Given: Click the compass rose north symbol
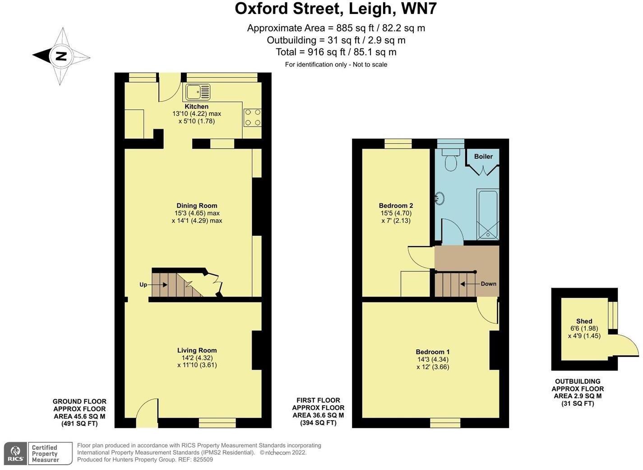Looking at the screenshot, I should pos(61,56).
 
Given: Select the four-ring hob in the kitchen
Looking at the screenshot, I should pos(252,117).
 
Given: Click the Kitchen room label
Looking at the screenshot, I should pos(196,107).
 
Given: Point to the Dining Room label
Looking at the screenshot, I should pos(197,206).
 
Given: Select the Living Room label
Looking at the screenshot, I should pos(197,350).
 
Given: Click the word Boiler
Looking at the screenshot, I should pos(483,156).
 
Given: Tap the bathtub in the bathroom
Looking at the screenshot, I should pos(487,214).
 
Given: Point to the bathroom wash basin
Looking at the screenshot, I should pos(439,198).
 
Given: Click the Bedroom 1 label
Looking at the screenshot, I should pos(432,352).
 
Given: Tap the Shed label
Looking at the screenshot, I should pos(584,321).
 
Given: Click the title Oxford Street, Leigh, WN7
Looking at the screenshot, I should pos(336,9).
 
